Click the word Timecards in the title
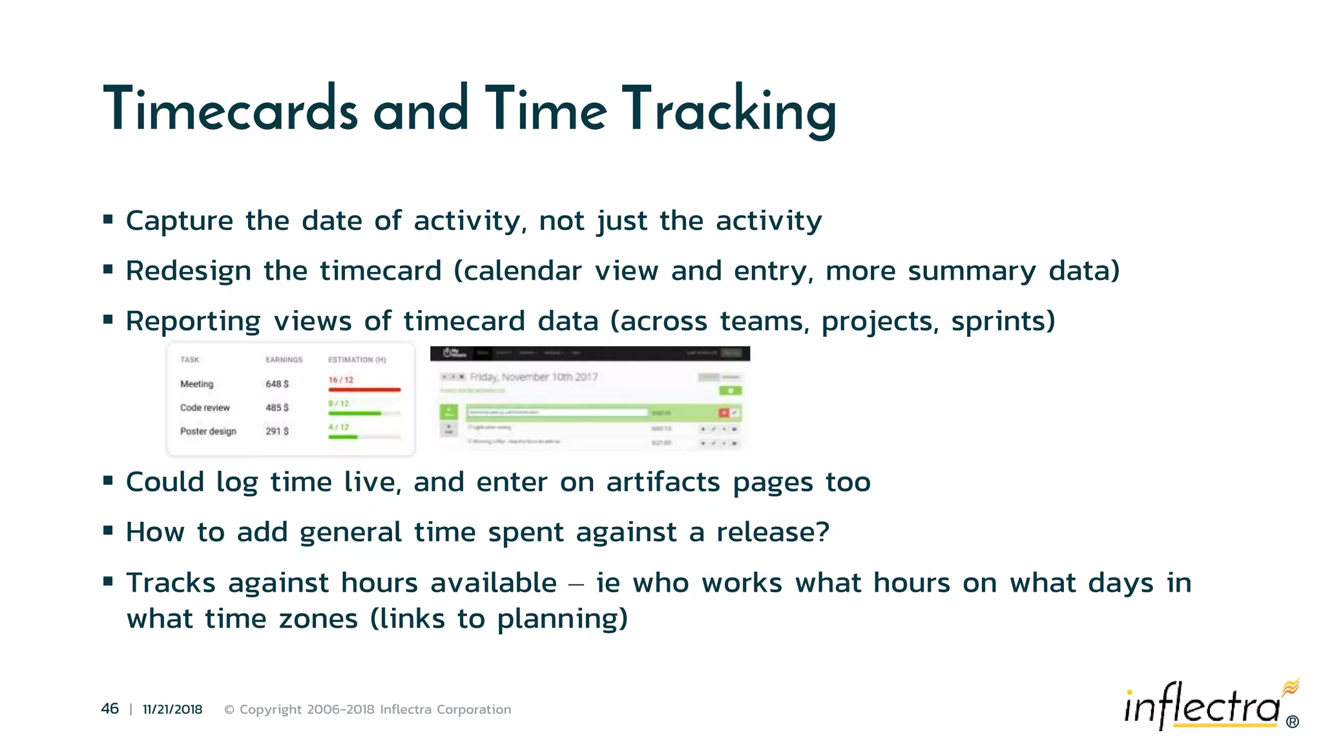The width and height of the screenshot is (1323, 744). click(x=230, y=110)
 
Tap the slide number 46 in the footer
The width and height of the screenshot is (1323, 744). click(x=110, y=709)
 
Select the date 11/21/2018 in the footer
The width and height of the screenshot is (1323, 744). click(x=172, y=709)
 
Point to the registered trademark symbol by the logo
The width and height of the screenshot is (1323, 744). click(x=1292, y=722)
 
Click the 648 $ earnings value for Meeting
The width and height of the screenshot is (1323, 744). click(x=277, y=384)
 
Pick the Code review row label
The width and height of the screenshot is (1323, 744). click(x=205, y=408)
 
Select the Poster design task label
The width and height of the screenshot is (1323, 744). click(x=208, y=431)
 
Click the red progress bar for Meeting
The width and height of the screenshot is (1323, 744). click(x=364, y=389)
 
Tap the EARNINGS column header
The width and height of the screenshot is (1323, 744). click(x=284, y=360)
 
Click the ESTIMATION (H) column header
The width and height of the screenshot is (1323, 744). click(x=357, y=360)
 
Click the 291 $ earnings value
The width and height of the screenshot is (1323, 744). click(x=277, y=431)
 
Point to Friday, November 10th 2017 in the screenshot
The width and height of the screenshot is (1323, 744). click(x=533, y=377)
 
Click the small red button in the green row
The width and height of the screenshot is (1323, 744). click(x=724, y=412)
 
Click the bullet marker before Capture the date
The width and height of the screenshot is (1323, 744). click(x=108, y=220)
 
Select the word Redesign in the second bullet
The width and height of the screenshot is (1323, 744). click(x=188, y=271)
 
